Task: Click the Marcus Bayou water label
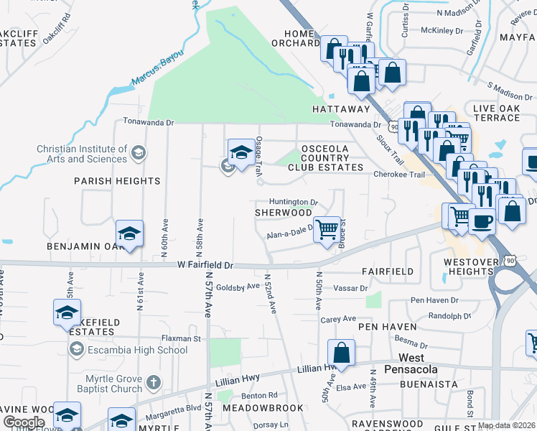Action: click(157, 69)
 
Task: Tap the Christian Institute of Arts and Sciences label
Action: click(82, 154)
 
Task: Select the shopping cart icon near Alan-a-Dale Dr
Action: click(327, 231)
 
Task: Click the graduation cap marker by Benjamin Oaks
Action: click(129, 234)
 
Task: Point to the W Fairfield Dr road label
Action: click(206, 265)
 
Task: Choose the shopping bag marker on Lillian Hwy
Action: click(341, 353)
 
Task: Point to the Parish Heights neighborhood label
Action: click(117, 181)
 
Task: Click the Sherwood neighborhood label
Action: click(284, 213)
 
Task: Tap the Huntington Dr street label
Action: click(294, 203)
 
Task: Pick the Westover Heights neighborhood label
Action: click(470, 267)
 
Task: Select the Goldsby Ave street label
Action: click(238, 286)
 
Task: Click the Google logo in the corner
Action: click(24, 422)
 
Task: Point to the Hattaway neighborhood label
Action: click(341, 109)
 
